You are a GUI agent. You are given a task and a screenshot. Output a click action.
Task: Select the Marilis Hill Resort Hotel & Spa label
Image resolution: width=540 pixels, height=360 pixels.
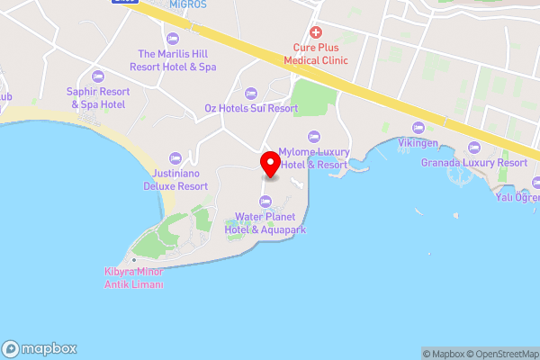point(176,60)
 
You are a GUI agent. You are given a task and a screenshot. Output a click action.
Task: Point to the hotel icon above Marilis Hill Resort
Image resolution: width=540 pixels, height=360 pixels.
point(171,38)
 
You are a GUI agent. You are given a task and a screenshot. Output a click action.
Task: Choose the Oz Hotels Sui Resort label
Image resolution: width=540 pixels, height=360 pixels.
point(250,108)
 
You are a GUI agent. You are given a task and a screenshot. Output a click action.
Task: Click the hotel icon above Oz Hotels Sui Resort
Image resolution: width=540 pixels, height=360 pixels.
point(251,92)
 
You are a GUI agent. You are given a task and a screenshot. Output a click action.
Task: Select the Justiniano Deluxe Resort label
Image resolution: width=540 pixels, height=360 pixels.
point(175,180)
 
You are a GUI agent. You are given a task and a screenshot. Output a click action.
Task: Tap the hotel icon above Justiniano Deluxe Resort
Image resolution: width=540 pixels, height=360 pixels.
point(175,157)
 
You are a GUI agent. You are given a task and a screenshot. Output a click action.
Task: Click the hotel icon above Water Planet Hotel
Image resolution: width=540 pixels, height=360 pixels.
point(265,201)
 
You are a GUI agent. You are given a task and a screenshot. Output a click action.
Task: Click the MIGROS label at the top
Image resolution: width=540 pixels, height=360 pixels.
point(187,4)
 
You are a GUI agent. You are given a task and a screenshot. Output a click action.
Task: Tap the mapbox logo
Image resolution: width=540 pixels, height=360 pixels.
point(40,348)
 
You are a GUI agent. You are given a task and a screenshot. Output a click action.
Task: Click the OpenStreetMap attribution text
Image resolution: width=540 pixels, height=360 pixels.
point(504,354)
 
